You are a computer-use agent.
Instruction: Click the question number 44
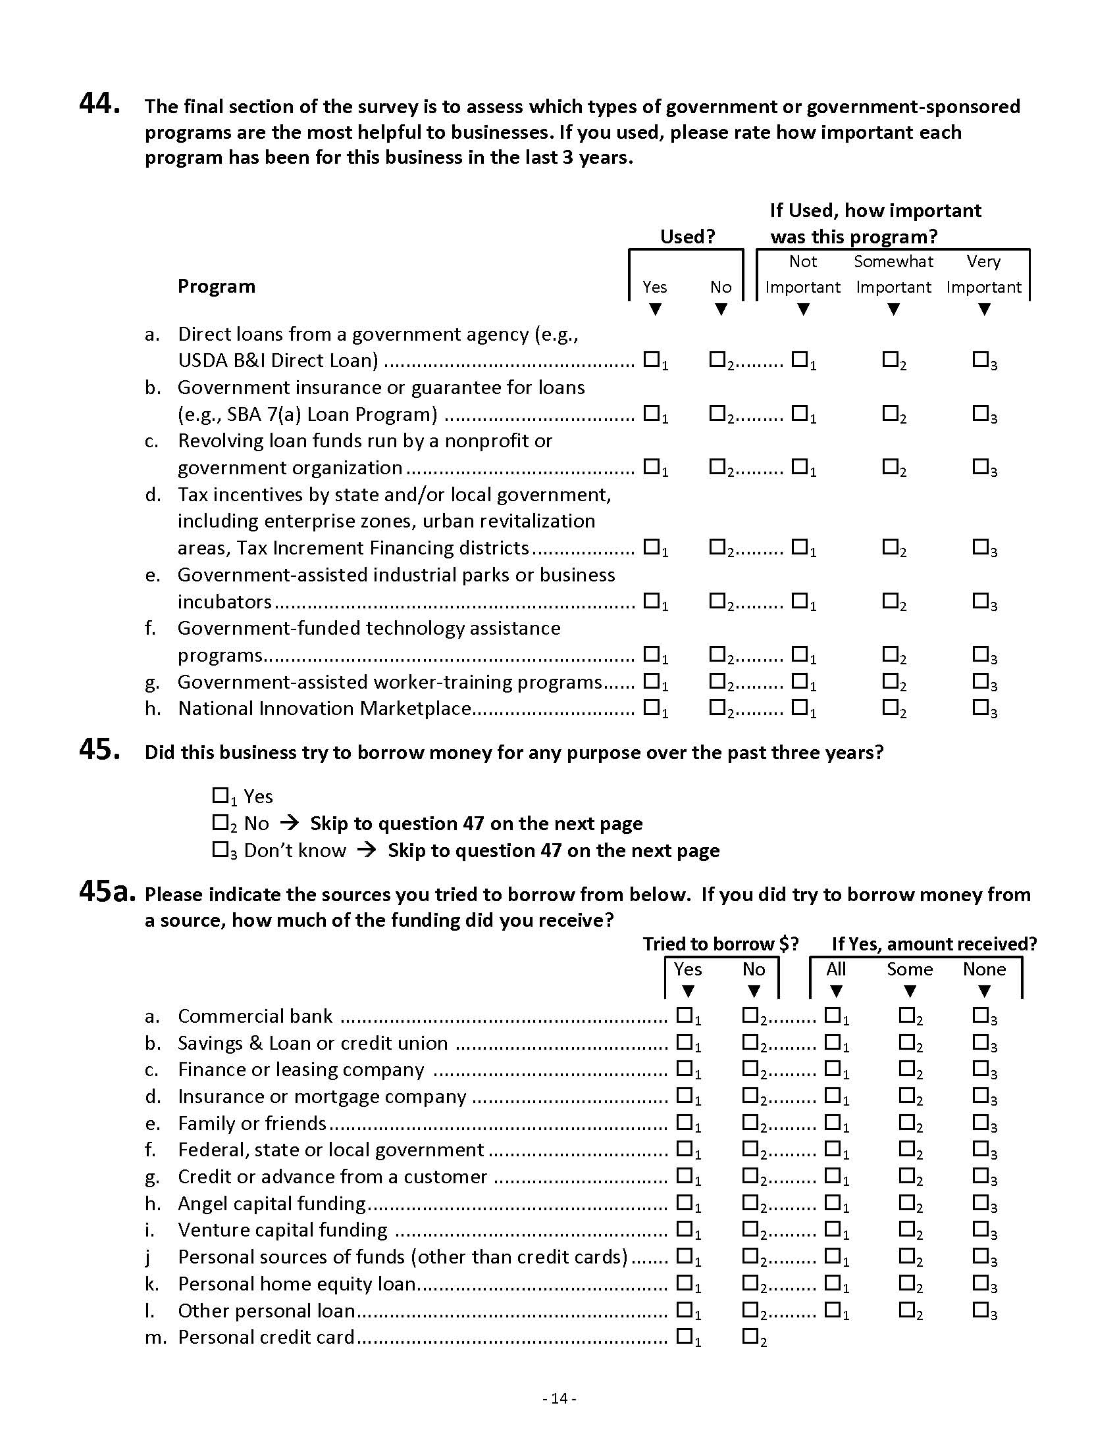(x=99, y=104)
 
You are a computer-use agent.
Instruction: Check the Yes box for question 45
(x=220, y=795)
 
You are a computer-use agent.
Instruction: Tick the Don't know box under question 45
(x=220, y=848)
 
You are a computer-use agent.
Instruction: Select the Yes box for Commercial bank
(x=684, y=1014)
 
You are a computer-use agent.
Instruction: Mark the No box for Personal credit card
(x=750, y=1336)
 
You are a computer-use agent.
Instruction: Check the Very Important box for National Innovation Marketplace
(x=981, y=707)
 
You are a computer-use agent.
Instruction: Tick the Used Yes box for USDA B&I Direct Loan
(x=652, y=359)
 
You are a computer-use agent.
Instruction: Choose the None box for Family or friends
(x=981, y=1121)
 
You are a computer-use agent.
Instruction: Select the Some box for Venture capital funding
(x=906, y=1229)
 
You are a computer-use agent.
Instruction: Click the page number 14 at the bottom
(x=559, y=1398)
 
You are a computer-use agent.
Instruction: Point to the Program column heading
(x=216, y=286)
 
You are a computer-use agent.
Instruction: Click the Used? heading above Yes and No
(x=687, y=237)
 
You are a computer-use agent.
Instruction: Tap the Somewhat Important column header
(x=893, y=274)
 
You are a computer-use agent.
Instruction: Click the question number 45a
(x=107, y=892)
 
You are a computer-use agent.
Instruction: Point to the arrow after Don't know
(x=367, y=849)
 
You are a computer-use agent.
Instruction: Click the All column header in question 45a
(x=836, y=969)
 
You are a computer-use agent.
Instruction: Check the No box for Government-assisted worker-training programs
(x=717, y=681)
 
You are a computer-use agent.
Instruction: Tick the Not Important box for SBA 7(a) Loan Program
(x=800, y=413)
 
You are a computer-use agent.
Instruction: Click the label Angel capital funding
(x=272, y=1203)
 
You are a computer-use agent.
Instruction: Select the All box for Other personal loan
(x=832, y=1309)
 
